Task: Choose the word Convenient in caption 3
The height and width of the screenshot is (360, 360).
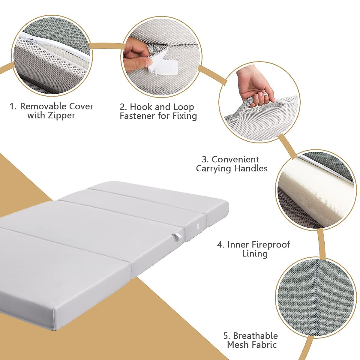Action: [x=235, y=159]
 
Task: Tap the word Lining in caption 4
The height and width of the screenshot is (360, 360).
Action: [x=255, y=254]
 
